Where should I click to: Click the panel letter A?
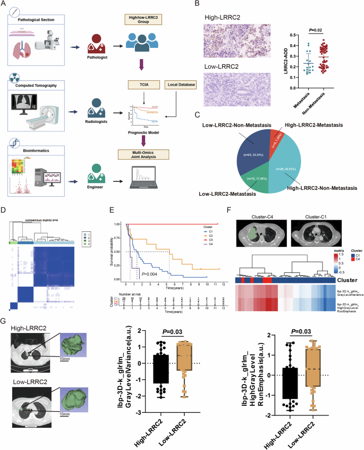click(4, 5)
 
